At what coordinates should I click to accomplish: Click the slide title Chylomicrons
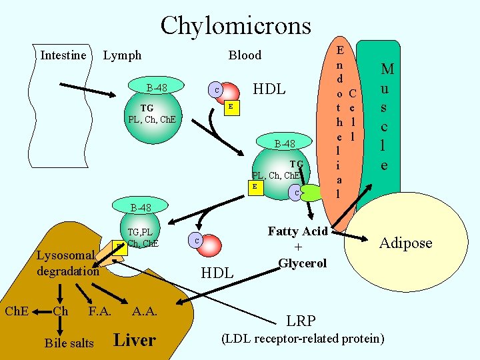pyautogui.click(x=235, y=25)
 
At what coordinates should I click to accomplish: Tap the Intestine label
pyautogui.click(x=63, y=55)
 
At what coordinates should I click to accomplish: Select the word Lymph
pyautogui.click(x=122, y=55)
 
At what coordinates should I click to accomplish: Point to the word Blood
pyautogui.click(x=245, y=55)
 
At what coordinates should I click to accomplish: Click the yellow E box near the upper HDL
pyautogui.click(x=230, y=107)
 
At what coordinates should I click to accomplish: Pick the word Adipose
pyautogui.click(x=406, y=243)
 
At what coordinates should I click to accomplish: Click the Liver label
pyautogui.click(x=135, y=340)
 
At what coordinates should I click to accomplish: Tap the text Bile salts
pyautogui.click(x=69, y=343)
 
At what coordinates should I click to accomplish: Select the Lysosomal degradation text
pyautogui.click(x=67, y=263)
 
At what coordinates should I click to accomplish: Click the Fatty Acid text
pyautogui.click(x=297, y=231)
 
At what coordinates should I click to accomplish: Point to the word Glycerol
pyautogui.click(x=302, y=263)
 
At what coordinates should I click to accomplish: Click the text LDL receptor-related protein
pyautogui.click(x=302, y=339)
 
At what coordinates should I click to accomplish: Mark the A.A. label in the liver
pyautogui.click(x=145, y=311)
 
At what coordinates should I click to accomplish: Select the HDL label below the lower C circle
pyautogui.click(x=217, y=272)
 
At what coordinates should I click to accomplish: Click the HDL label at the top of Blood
pyautogui.click(x=269, y=89)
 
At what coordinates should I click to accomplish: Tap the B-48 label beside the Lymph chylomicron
pyautogui.click(x=157, y=87)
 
